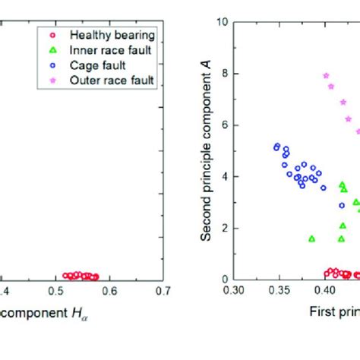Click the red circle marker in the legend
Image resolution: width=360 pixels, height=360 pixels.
tap(52, 34)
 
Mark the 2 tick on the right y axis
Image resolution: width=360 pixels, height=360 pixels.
tap(225, 228)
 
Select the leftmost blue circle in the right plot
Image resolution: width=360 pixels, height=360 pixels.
tap(276, 147)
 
